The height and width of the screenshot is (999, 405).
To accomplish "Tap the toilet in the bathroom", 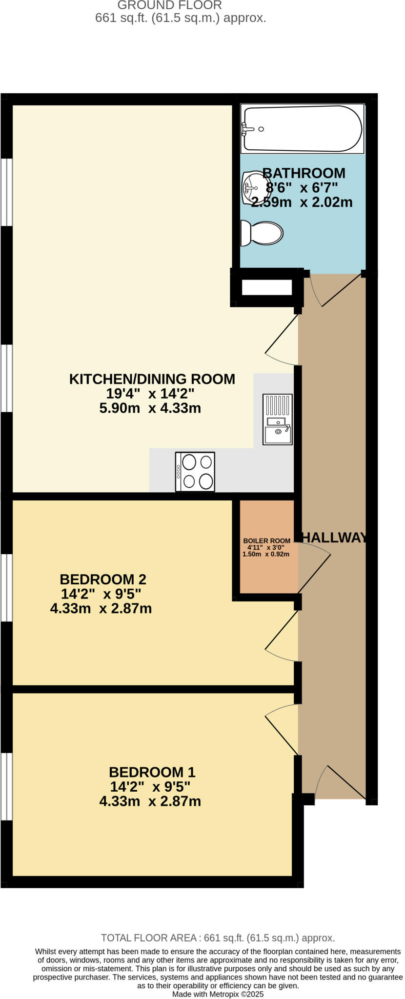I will (x=263, y=233).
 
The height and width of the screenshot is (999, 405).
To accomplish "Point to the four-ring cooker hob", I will (x=195, y=472).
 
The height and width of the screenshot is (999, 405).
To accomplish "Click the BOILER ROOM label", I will (x=266, y=540).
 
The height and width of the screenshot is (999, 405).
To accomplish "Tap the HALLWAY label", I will (x=334, y=538).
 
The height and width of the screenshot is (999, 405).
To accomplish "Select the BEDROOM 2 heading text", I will (x=103, y=579).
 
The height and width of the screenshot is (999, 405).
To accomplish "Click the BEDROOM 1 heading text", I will (x=152, y=772).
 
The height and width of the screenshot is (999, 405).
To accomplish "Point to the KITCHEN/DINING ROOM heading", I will (x=152, y=379).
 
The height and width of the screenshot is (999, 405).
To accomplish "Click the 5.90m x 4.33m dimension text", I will (x=150, y=408).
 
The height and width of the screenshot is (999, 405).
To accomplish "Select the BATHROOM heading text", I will (x=304, y=173).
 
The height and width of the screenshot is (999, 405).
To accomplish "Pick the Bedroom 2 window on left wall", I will (x=6, y=587).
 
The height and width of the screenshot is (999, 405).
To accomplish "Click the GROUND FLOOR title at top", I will (x=169, y=5).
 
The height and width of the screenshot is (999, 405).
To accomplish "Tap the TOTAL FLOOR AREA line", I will (x=218, y=938).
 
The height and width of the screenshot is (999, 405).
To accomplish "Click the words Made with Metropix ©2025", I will (x=218, y=994).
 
